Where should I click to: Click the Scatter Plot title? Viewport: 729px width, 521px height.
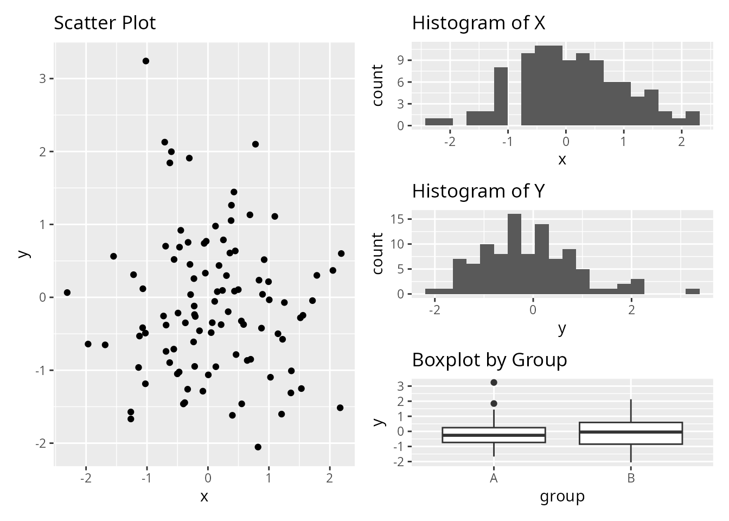pyautogui.click(x=105, y=23)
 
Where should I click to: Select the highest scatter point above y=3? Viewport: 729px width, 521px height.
pyautogui.click(x=146, y=61)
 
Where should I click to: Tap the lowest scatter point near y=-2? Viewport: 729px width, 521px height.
pyautogui.click(x=258, y=447)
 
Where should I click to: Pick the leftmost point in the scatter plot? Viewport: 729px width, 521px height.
pyautogui.click(x=67, y=293)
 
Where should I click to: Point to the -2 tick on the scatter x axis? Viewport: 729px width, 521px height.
pyautogui.click(x=86, y=478)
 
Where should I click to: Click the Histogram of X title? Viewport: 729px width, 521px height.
pyautogui.click(x=478, y=23)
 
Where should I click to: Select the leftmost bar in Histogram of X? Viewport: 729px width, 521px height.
pyautogui.click(x=439, y=122)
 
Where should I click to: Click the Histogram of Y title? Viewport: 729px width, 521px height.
pyautogui.click(x=478, y=191)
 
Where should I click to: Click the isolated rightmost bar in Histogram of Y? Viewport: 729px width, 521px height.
pyautogui.click(x=693, y=291)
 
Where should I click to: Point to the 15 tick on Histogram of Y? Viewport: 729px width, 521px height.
pyautogui.click(x=397, y=219)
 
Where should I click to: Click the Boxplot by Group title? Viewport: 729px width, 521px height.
pyautogui.click(x=489, y=360)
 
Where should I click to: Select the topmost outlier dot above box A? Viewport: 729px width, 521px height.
pyautogui.click(x=494, y=383)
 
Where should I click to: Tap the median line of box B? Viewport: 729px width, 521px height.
pyautogui.click(x=631, y=432)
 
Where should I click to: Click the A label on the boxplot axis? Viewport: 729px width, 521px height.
pyautogui.click(x=494, y=479)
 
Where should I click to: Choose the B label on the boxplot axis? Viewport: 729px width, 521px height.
pyautogui.click(x=631, y=479)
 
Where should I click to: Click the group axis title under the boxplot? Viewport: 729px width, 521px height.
pyautogui.click(x=562, y=496)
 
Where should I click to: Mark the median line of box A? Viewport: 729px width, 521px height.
pyautogui.click(x=494, y=435)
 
